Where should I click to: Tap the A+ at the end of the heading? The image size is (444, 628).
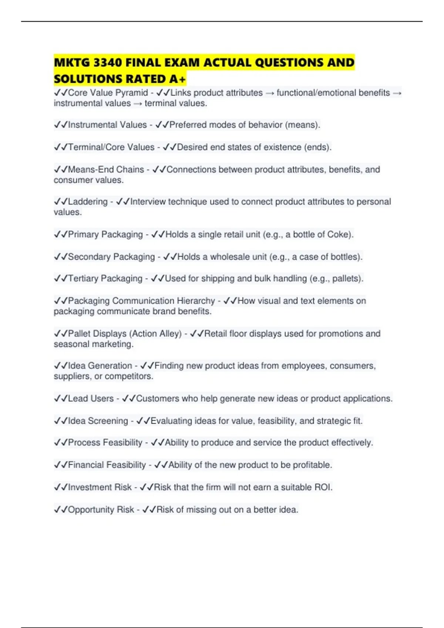coord(178,79)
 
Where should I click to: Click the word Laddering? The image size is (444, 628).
coord(88,202)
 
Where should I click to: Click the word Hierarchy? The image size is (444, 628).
coord(196,301)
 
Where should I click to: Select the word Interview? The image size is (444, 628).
coord(148,202)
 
